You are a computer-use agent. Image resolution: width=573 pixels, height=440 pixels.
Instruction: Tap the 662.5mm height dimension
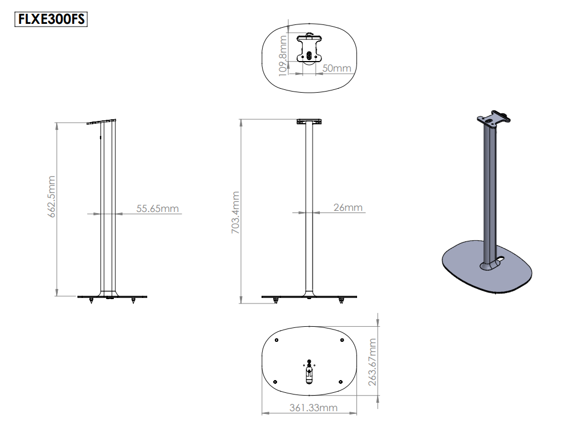(x=52, y=196)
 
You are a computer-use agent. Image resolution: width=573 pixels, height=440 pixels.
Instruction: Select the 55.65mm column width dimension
(x=158, y=209)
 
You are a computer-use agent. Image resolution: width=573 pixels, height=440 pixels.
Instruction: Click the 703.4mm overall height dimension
(x=235, y=212)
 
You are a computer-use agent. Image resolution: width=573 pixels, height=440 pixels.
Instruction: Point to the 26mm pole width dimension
(x=348, y=208)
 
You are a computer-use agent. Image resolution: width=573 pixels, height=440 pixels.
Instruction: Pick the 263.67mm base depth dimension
(x=373, y=362)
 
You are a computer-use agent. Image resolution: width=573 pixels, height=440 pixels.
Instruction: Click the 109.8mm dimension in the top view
(x=283, y=54)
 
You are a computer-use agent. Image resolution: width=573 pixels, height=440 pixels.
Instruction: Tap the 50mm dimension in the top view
(x=336, y=68)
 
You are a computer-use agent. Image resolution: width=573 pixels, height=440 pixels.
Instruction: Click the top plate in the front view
(x=309, y=121)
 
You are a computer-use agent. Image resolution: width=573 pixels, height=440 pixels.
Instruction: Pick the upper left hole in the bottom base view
(x=277, y=340)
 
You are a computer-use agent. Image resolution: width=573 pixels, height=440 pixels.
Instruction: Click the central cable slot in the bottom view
(x=309, y=375)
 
